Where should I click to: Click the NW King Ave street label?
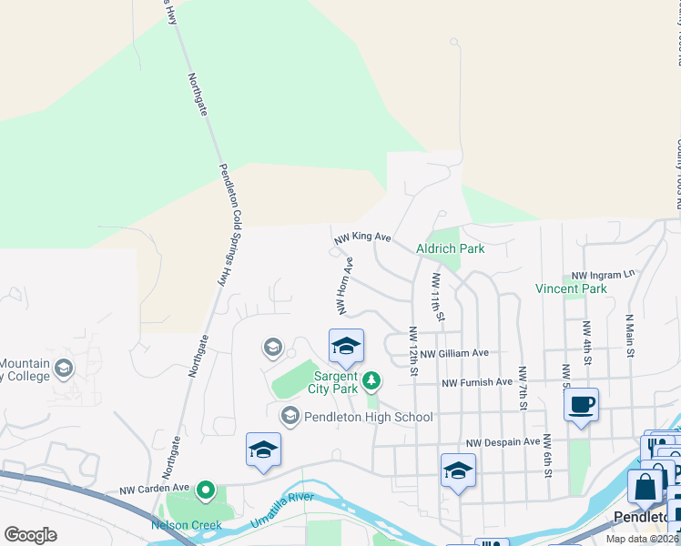coord(361,238)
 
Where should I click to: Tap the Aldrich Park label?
coord(450,248)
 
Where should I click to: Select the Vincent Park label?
coord(570,289)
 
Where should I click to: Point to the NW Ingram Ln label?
coord(602,275)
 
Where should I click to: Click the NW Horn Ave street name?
coord(344,285)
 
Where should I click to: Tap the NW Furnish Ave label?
coord(477,383)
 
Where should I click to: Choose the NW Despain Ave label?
coord(503,442)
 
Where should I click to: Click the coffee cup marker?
coord(581,405)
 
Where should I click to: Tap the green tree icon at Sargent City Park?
coord(371,379)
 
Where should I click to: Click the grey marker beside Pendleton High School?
coord(290,416)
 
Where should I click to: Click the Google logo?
coord(31,535)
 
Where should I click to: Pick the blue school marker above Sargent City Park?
coord(346,346)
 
